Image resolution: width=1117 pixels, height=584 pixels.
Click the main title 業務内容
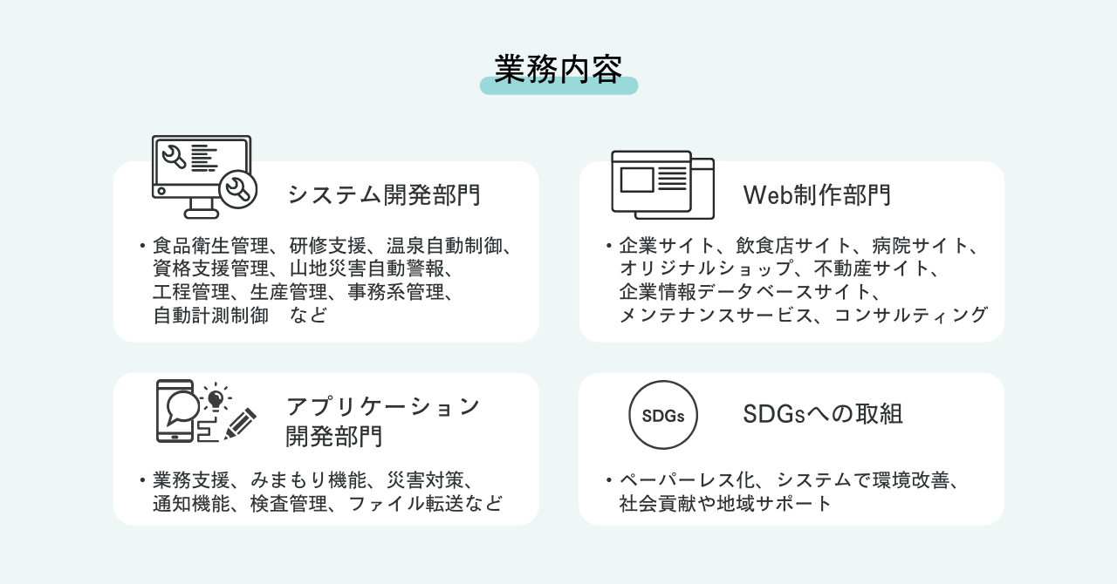[558, 69]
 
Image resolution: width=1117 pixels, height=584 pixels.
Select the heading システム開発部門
[384, 195]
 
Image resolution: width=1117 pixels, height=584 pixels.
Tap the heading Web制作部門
[816, 195]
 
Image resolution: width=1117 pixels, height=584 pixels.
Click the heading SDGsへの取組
[823, 414]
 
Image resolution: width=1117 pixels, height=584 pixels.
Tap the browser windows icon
[662, 185]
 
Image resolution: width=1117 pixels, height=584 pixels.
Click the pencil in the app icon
[240, 424]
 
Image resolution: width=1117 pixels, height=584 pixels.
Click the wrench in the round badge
[238, 189]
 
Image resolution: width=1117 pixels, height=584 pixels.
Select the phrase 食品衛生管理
[211, 246]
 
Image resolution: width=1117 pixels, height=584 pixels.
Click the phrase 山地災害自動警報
[367, 268]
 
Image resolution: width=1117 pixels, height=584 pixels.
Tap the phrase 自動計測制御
[211, 316]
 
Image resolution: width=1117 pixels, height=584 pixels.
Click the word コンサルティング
[910, 316]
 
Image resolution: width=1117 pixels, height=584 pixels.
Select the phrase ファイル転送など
[425, 504]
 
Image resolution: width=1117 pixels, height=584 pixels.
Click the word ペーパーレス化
[687, 480]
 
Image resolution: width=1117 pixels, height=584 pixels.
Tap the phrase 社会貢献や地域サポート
[725, 504]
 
